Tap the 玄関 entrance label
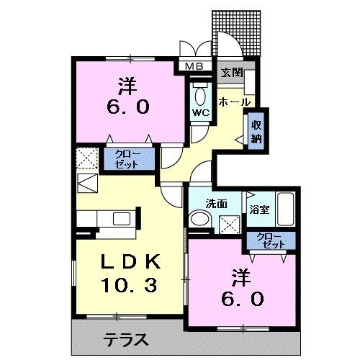point(232,72)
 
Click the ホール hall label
point(229,102)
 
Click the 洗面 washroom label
point(216,204)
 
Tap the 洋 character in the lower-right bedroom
point(240,276)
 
